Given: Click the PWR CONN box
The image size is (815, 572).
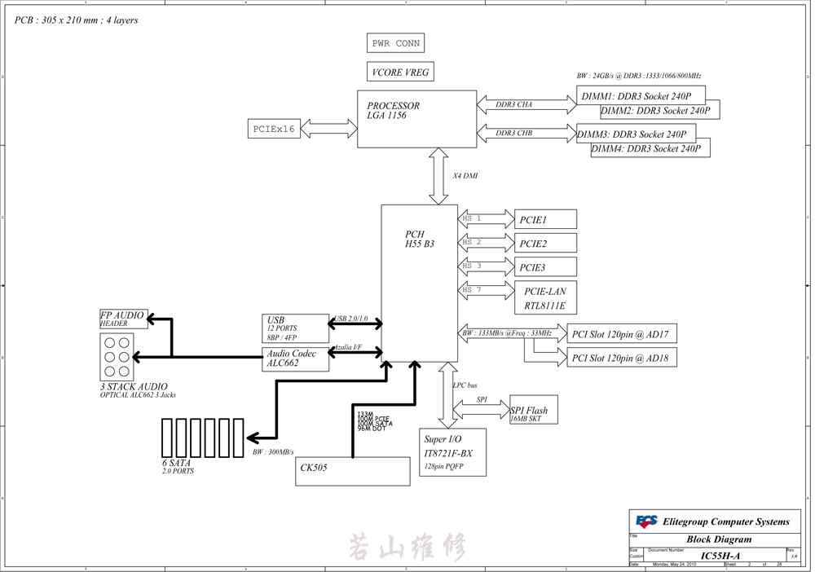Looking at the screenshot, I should pyautogui.click(x=396, y=43).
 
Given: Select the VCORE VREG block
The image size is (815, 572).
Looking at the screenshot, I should pyautogui.click(x=399, y=73).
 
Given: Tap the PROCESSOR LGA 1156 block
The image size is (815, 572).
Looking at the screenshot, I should pyautogui.click(x=416, y=119).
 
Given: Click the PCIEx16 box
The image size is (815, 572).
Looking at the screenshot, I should pyautogui.click(x=274, y=129).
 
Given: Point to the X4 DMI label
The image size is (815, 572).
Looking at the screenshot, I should pyautogui.click(x=465, y=176).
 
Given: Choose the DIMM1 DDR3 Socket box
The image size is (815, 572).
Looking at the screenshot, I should pyautogui.click(x=641, y=95).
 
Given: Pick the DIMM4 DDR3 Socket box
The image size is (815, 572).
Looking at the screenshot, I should pyautogui.click(x=650, y=148).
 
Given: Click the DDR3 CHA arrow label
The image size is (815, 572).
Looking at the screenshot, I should pyautogui.click(x=514, y=104).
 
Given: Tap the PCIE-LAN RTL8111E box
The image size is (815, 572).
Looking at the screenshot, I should pyautogui.click(x=545, y=298).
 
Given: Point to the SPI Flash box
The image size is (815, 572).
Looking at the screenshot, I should pyautogui.click(x=534, y=411).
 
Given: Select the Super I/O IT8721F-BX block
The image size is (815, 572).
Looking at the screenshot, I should pyautogui.click(x=452, y=452).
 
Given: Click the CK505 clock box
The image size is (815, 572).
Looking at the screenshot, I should pyautogui.click(x=352, y=471).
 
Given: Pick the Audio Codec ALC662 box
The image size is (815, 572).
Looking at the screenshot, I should pyautogui.click(x=295, y=359).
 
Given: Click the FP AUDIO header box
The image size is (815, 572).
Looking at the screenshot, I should pyautogui.click(x=124, y=319).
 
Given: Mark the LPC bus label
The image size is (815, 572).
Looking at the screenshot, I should pyautogui.click(x=465, y=385).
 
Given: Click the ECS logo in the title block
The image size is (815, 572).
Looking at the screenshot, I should pyautogui.click(x=647, y=521).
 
